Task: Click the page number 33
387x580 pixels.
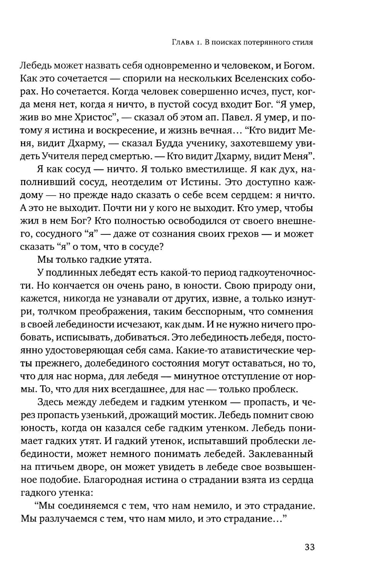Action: (310, 547)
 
